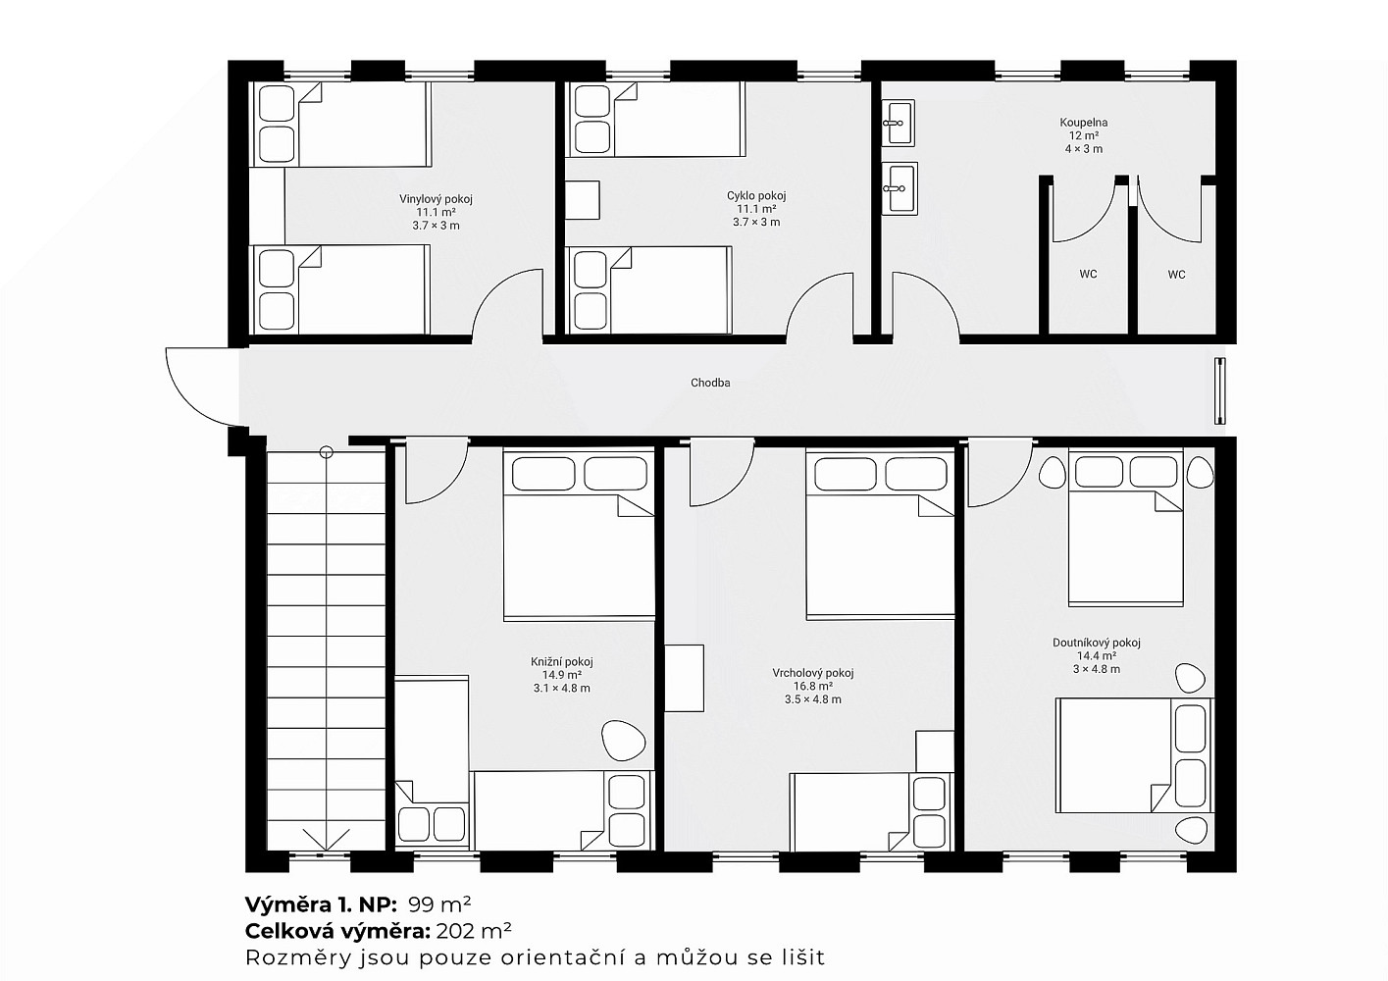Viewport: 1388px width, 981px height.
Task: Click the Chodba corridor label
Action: pos(710,383)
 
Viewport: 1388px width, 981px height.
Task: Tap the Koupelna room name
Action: pos(1084,123)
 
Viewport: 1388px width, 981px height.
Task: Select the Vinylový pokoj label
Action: pos(436,199)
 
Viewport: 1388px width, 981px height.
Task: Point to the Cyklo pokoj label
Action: pos(756,196)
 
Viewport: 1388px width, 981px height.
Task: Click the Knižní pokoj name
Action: pos(561,661)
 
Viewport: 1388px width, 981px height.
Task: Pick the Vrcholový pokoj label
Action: pos(813,673)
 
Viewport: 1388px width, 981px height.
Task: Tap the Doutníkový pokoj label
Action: pos(1096,643)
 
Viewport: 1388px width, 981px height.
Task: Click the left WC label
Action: pos(1088,274)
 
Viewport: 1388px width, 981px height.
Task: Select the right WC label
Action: pos(1176,274)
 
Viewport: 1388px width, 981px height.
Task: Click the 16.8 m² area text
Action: pos(813,686)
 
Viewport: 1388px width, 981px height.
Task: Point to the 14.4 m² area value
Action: pos(1096,655)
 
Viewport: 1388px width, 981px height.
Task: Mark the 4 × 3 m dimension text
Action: pos(1084,149)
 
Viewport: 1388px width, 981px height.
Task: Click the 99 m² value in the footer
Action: pos(439,904)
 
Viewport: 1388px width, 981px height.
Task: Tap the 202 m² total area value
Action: pos(474,931)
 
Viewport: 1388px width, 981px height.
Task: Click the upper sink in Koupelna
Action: pos(898,124)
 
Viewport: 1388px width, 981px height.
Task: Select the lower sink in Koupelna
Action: pos(900,188)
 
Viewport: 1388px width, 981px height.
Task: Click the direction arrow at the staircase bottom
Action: pos(326,839)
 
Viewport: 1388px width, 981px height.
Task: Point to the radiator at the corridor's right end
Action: pos(1219,390)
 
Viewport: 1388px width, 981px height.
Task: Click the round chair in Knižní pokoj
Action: pos(624,740)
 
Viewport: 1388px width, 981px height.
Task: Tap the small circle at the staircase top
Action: pos(326,452)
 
